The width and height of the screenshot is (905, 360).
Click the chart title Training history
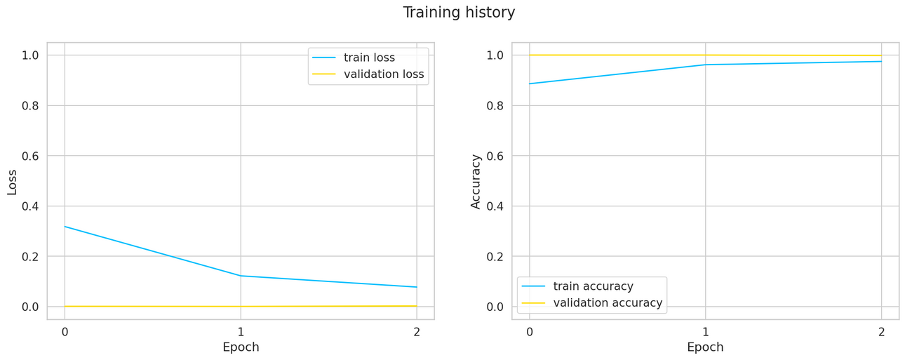pyautogui.click(x=459, y=13)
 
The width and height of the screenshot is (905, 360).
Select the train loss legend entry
pyautogui.click(x=369, y=58)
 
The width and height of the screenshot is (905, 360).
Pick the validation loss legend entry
pyautogui.click(x=383, y=74)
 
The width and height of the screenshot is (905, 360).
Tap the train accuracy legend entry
pyautogui.click(x=593, y=286)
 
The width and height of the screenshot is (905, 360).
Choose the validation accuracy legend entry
pyautogui.click(x=608, y=303)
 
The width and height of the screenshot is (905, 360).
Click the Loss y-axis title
pyautogui.click(x=12, y=181)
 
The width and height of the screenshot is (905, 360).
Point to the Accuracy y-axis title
pyautogui.click(x=476, y=181)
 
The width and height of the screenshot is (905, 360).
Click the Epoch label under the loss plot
pyautogui.click(x=241, y=347)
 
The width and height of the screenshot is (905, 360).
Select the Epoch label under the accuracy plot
pyautogui.click(x=705, y=347)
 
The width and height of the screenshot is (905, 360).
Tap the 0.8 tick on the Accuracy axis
pyautogui.click(x=495, y=105)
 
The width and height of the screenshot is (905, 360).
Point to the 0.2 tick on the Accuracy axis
pyautogui.click(x=495, y=257)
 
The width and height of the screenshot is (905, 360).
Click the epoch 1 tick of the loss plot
pyautogui.click(x=241, y=332)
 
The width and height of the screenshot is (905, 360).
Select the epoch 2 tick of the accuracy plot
pyautogui.click(x=881, y=332)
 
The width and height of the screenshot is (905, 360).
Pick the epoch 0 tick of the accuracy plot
pyautogui.click(x=530, y=332)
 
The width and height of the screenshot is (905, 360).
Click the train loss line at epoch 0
pyautogui.click(x=65, y=227)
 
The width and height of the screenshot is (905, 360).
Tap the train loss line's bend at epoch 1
pyautogui.click(x=241, y=276)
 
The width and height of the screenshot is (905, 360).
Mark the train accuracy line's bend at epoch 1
pyautogui.click(x=705, y=65)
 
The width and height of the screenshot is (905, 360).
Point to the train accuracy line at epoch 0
pyautogui.click(x=530, y=84)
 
